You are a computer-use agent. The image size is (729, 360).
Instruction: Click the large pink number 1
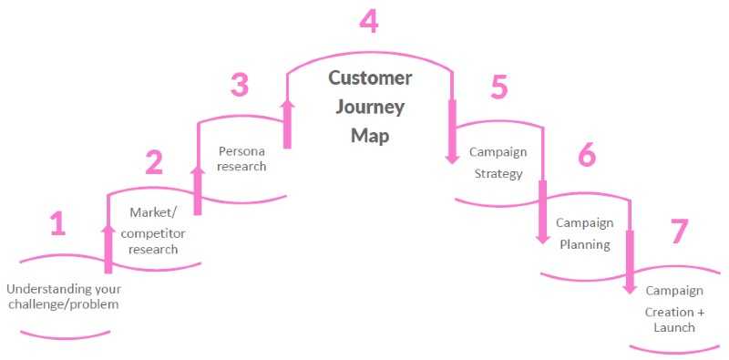[x=57, y=223]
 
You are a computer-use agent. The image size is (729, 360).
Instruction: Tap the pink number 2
[x=154, y=162]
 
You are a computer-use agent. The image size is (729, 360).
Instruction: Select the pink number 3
[x=239, y=86]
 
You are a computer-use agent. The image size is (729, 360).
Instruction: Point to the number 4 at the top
[x=368, y=21]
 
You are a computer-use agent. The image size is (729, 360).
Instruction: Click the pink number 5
[x=498, y=87]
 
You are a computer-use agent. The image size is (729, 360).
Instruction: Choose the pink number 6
[x=587, y=155]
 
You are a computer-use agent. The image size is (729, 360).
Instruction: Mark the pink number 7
[x=679, y=231]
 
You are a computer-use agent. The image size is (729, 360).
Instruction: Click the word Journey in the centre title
[x=370, y=106]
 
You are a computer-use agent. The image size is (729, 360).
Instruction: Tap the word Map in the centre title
[x=368, y=135]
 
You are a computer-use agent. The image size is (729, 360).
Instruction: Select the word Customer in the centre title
[x=370, y=77]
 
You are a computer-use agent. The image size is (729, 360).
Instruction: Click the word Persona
[x=241, y=149]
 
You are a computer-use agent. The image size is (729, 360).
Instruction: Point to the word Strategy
[x=498, y=174]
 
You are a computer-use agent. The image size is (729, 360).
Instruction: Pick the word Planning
[x=585, y=244]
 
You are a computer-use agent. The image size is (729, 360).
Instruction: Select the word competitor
[x=152, y=231]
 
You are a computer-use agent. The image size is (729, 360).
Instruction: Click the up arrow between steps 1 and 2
[x=108, y=248]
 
